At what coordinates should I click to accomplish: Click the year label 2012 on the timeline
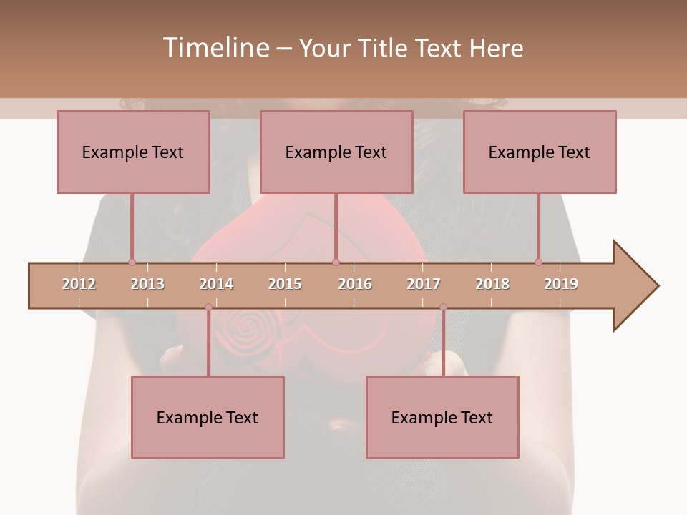[x=79, y=284]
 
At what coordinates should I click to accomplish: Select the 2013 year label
[x=147, y=284]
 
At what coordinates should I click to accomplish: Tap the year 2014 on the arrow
[x=216, y=284]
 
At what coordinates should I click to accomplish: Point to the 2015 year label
[x=285, y=284]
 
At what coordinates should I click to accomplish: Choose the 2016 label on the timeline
[x=355, y=284]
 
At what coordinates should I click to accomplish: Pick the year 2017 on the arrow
[x=424, y=284]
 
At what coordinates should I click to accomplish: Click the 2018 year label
[x=492, y=284]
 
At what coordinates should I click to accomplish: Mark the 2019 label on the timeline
[x=561, y=284]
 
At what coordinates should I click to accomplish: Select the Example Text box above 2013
[x=133, y=152]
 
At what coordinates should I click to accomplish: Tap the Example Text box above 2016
[x=336, y=152]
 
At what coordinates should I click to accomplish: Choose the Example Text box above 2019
[x=540, y=152]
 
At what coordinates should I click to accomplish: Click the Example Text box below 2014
[x=208, y=417]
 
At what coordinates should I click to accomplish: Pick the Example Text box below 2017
[x=442, y=417]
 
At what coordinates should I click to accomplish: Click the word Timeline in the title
[x=215, y=48]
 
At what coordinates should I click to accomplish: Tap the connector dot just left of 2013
[x=132, y=262]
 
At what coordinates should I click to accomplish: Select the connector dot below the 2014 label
[x=208, y=307]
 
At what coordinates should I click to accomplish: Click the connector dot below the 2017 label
[x=443, y=307]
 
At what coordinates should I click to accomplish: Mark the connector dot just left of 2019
[x=538, y=262]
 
